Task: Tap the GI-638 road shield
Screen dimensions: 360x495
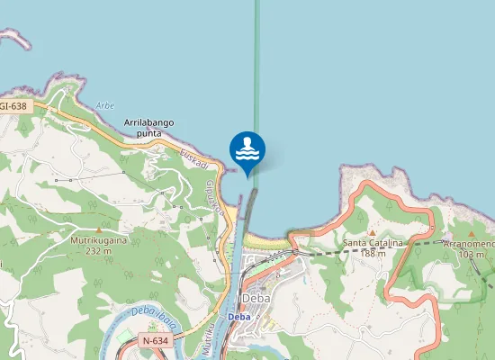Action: click(x=13, y=106)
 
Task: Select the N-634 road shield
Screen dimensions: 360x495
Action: click(x=155, y=341)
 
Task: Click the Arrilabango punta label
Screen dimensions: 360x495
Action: click(x=148, y=128)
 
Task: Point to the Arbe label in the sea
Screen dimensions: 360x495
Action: click(x=105, y=105)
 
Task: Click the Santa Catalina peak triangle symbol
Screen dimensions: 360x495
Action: click(x=371, y=231)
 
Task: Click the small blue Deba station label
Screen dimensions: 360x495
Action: click(x=238, y=317)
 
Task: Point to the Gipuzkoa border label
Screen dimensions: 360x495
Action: click(x=214, y=192)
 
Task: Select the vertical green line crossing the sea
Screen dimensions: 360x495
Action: click(x=256, y=72)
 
